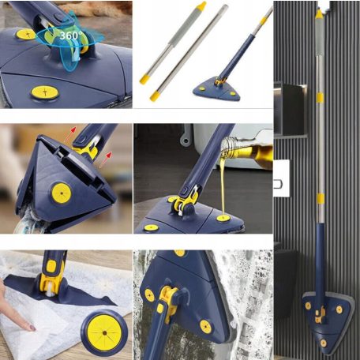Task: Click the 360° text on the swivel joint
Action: [x=70, y=36]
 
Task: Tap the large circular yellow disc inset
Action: [x=104, y=333]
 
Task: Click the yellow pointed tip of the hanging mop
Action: [x=319, y=13]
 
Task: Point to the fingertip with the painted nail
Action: [x=31, y=327]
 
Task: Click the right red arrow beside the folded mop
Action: [x=107, y=159]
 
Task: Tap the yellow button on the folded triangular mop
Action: [x=62, y=193]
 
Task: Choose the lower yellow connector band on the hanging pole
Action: [x=321, y=199]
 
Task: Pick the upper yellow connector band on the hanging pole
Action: [x=320, y=98]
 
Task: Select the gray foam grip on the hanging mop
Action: [x=319, y=37]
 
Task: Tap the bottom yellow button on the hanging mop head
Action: [x=324, y=343]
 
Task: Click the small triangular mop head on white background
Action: [x=216, y=90]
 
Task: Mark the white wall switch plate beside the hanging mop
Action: [x=282, y=178]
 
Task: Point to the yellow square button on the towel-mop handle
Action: [x=51, y=266]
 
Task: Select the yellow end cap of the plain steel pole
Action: [x=155, y=96]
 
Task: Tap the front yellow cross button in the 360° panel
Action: [x=45, y=92]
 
